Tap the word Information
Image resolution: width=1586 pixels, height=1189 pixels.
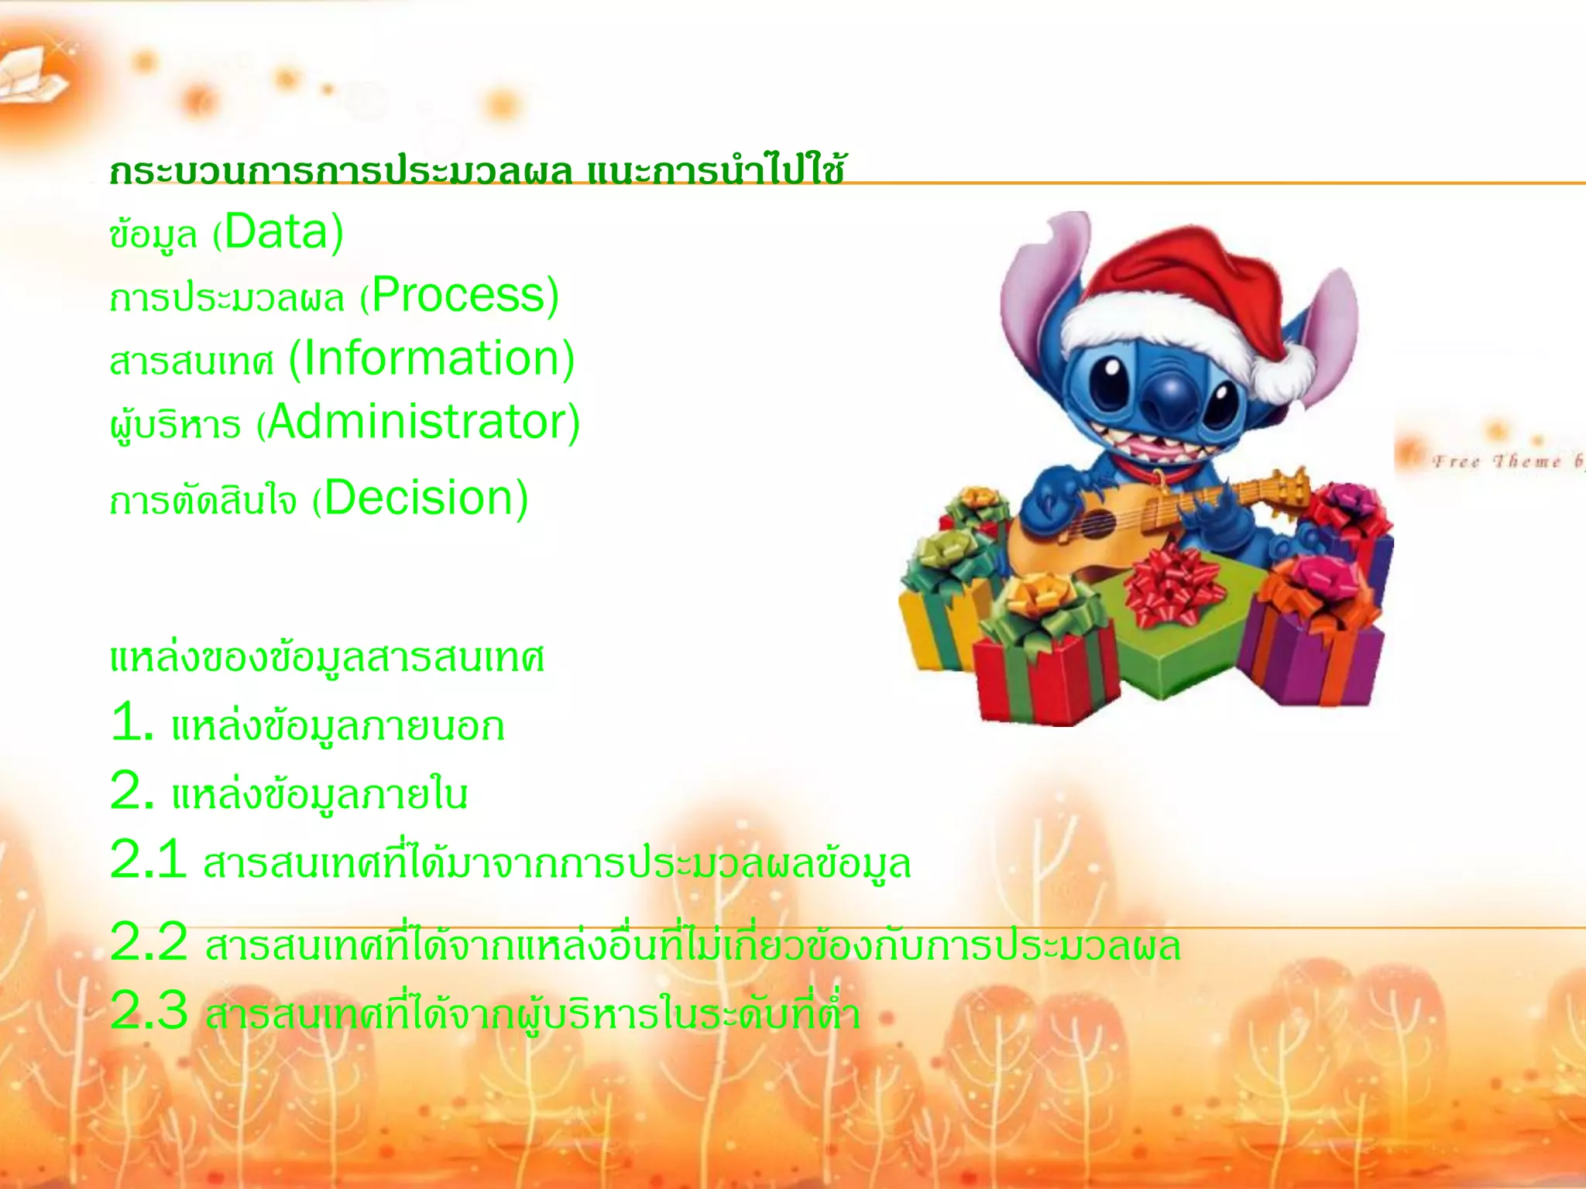[430, 358]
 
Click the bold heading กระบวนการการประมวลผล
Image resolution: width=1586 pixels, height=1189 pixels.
[341, 172]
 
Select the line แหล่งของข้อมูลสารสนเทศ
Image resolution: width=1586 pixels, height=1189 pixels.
[327, 658]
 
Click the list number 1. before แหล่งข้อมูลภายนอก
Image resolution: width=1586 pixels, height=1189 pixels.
[132, 724]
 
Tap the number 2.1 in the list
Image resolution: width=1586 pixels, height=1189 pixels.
[147, 860]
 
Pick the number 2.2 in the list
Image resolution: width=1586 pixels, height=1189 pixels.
[149, 942]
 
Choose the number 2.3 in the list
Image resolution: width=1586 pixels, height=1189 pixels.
[149, 1011]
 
